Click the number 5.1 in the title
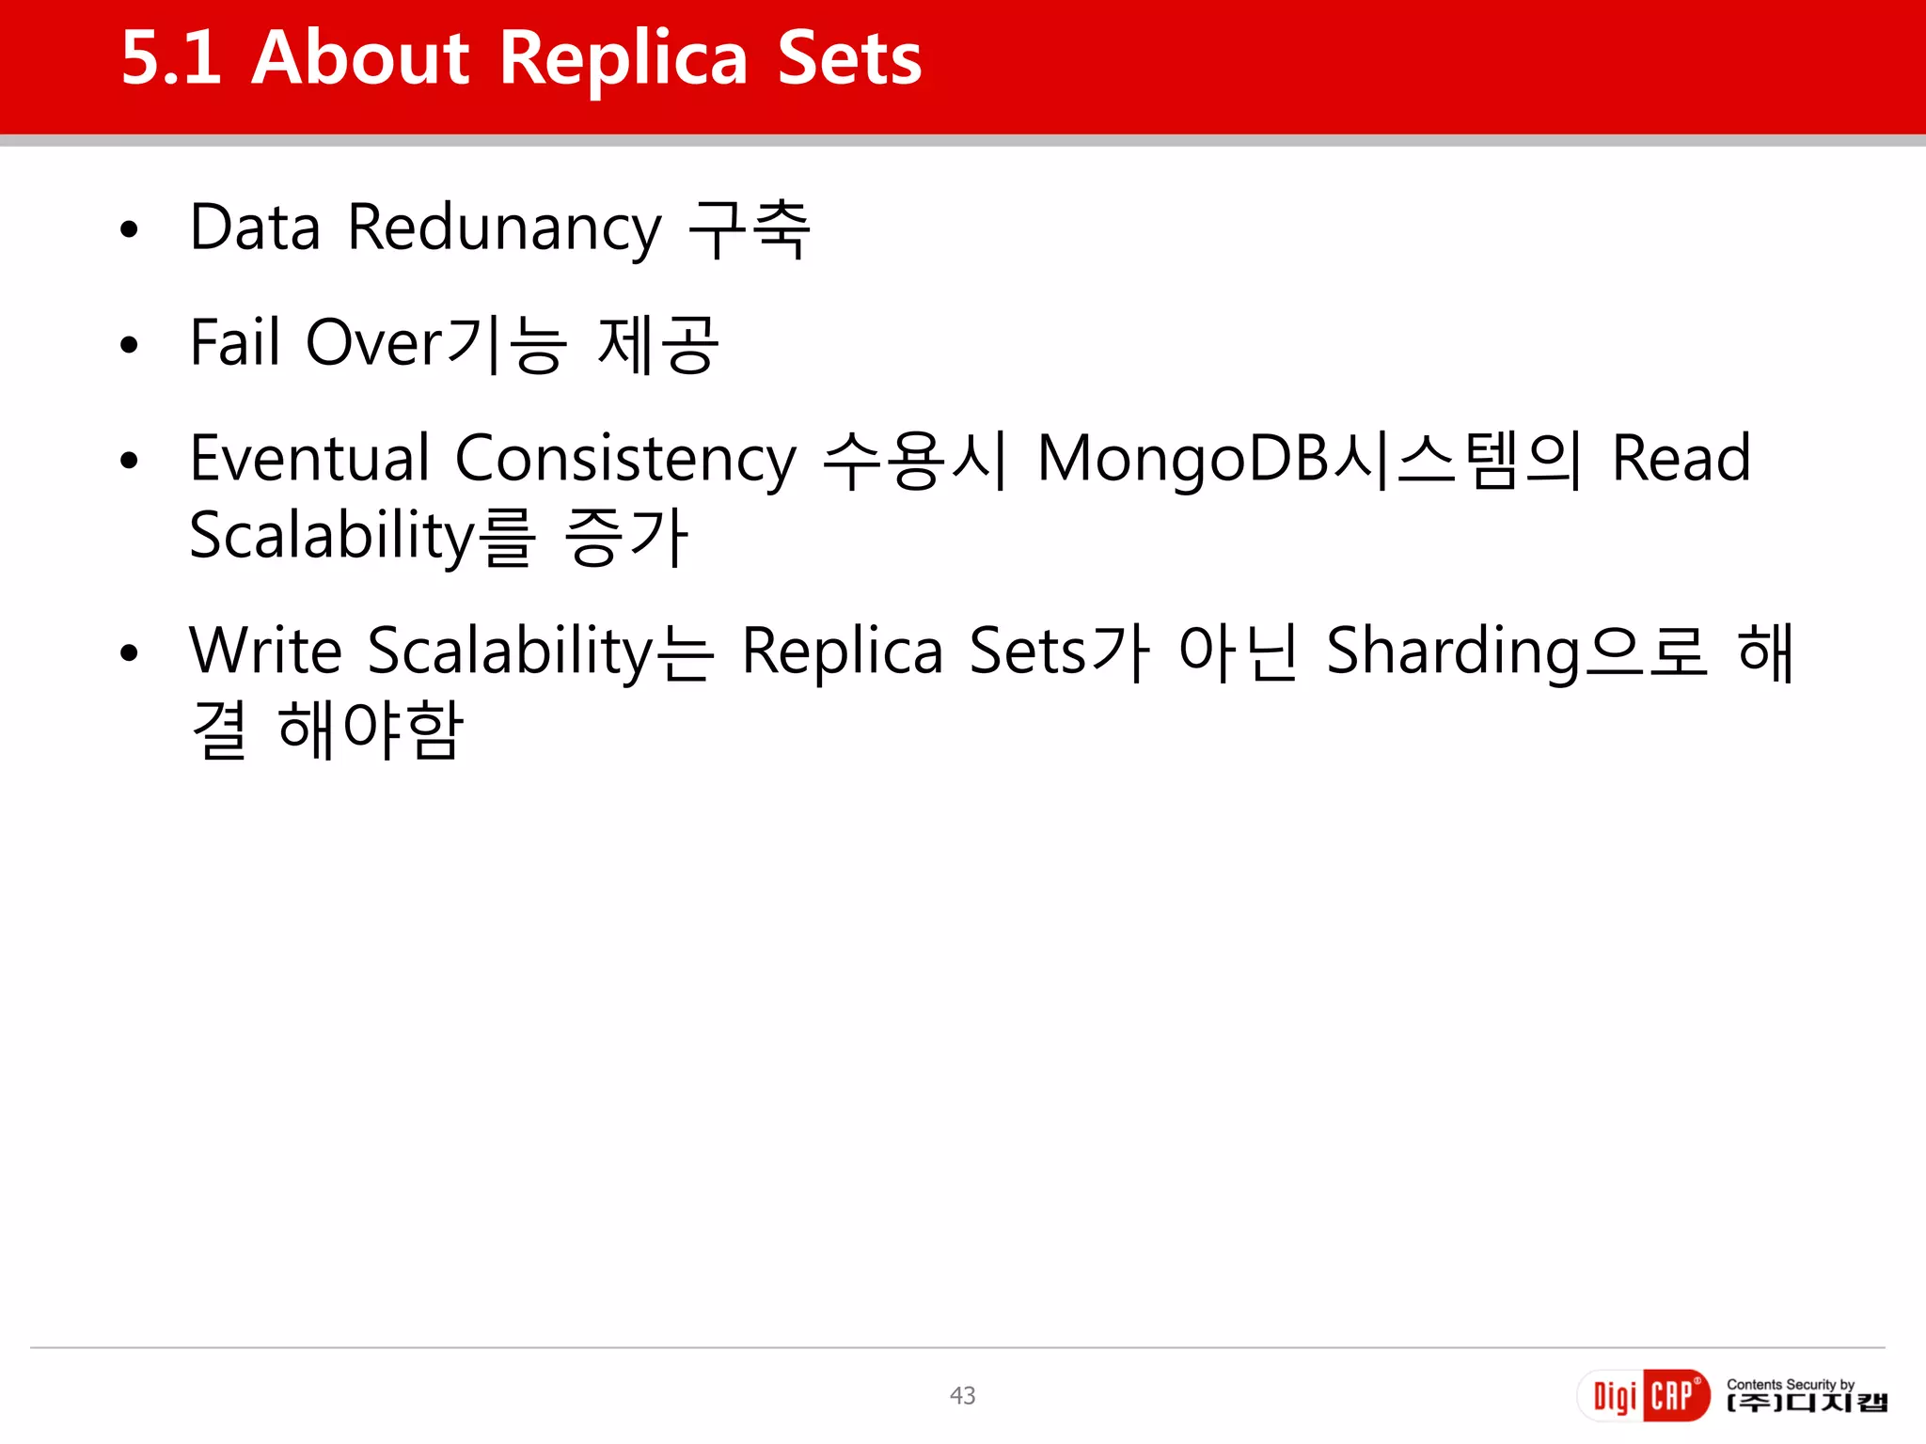[x=170, y=58]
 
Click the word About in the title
[x=360, y=58]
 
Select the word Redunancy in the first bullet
[x=505, y=228]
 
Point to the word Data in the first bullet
[x=255, y=228]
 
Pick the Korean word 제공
[x=658, y=344]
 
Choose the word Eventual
[x=309, y=459]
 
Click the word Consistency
[x=625, y=461]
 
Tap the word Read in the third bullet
[x=1681, y=459]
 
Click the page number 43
[x=962, y=1395]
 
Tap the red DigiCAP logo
[x=1644, y=1396]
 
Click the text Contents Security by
[x=1790, y=1384]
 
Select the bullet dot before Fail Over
[x=130, y=345]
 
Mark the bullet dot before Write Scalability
[x=130, y=653]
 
